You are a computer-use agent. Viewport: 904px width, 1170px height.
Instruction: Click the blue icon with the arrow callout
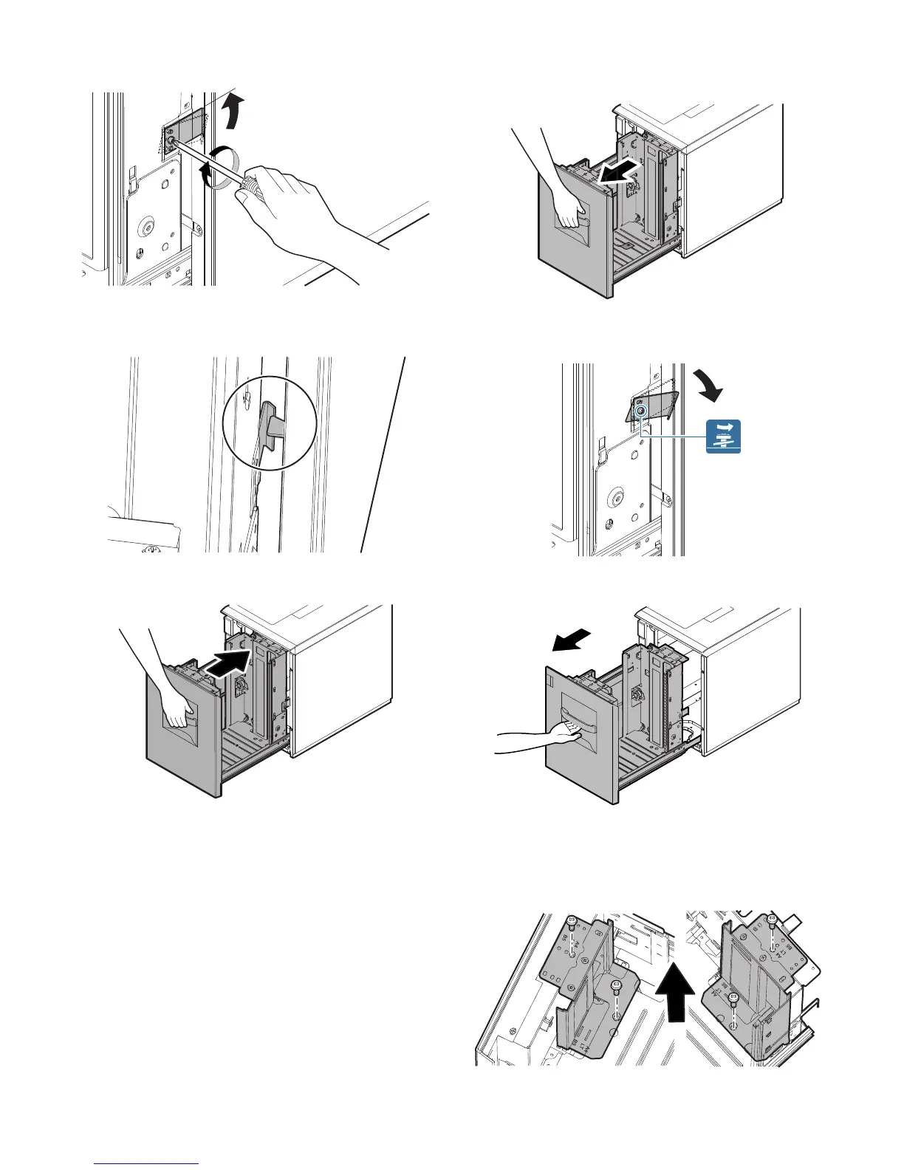tap(723, 437)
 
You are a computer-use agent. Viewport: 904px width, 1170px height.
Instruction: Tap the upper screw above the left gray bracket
tap(572, 922)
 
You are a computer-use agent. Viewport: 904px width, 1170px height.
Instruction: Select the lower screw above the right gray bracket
tap(733, 999)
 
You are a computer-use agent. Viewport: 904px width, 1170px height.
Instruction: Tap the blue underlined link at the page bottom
tap(147, 1164)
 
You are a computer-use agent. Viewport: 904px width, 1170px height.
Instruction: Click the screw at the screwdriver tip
tap(171, 140)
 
